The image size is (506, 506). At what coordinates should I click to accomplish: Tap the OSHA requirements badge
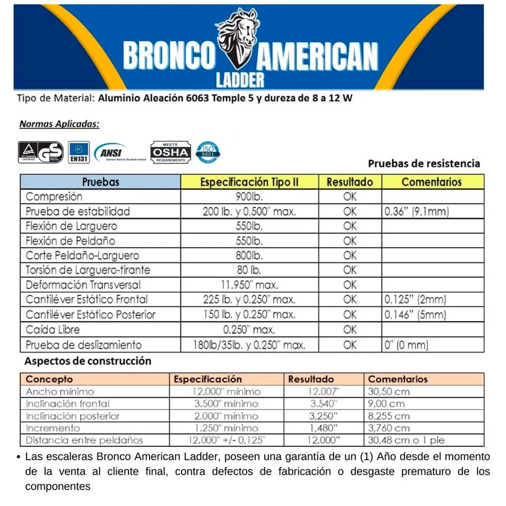pos(171,152)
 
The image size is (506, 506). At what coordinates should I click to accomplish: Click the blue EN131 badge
pos(78,152)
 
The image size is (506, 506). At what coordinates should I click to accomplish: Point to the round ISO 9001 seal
pos(208,152)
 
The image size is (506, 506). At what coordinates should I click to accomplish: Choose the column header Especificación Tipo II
pos(249,182)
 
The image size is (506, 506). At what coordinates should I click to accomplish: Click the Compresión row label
pos(54,197)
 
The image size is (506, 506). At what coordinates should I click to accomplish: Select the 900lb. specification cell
pos(249,197)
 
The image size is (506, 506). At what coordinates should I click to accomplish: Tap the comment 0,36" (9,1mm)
pos(417,212)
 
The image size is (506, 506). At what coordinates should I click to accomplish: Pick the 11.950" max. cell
pos(249,285)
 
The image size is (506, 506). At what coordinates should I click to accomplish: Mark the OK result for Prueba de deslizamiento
pos(350,345)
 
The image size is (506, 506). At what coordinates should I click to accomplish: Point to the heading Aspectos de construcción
pos(88,361)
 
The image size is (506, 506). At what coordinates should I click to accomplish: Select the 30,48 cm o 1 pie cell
pos(406,440)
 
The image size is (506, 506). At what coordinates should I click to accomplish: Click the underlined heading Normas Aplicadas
pos(59,125)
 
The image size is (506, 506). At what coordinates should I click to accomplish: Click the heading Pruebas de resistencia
pos(424,164)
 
